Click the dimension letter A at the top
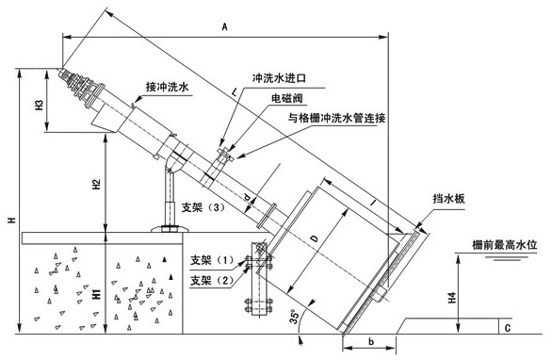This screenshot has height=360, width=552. click(x=224, y=26)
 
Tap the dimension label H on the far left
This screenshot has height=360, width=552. click(x=11, y=221)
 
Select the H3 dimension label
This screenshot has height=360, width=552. click(x=39, y=105)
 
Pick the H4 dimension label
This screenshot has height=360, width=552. click(x=452, y=298)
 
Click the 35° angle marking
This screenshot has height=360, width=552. click(x=294, y=317)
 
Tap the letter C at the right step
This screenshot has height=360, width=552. click(x=508, y=328)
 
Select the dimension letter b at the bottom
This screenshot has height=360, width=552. click(x=371, y=342)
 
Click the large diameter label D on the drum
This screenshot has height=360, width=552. click(x=315, y=238)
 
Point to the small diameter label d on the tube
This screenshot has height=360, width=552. click(x=248, y=199)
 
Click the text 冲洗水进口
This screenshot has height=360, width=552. click(x=279, y=78)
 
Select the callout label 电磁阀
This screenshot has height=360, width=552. click(x=286, y=98)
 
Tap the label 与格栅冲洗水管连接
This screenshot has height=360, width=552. click(x=336, y=118)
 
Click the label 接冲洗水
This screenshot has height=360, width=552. click(x=168, y=87)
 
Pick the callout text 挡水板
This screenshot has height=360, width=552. click(x=448, y=199)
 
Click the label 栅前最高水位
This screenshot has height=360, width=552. click(x=505, y=244)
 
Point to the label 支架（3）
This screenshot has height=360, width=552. click(x=203, y=207)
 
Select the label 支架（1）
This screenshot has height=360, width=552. click(x=212, y=260)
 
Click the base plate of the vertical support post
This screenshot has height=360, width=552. click(x=170, y=229)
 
